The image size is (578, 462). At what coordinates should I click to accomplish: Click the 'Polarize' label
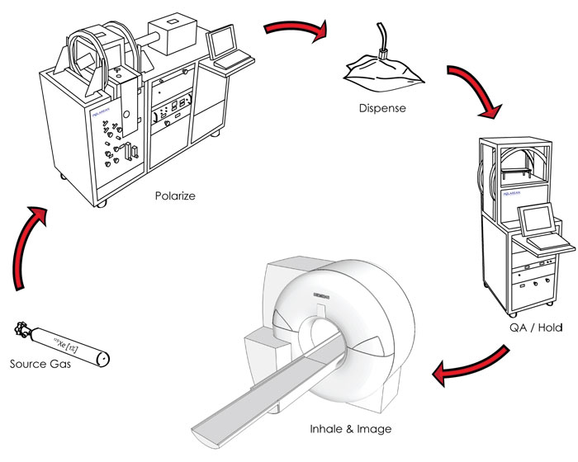[x=175, y=197]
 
